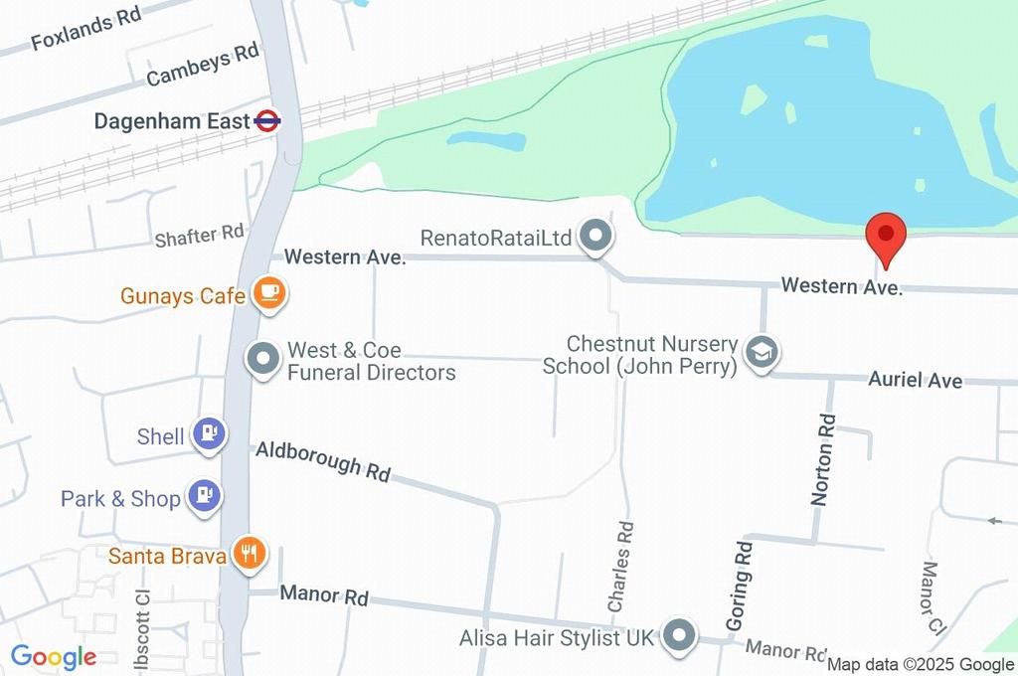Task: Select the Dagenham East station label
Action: (x=172, y=121)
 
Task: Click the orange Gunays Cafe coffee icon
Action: (x=269, y=293)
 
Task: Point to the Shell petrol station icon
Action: (x=210, y=434)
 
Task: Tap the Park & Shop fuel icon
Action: (x=205, y=496)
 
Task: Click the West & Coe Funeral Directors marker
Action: (x=263, y=360)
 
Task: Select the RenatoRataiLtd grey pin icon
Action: (x=596, y=237)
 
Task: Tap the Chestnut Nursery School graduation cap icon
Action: (x=763, y=352)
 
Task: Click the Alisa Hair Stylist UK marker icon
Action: (x=679, y=634)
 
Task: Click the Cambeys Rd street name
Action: (x=202, y=67)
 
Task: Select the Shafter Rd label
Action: (x=199, y=236)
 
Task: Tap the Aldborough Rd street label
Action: (x=322, y=461)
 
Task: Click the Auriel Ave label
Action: (x=915, y=380)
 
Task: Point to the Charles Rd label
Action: (x=620, y=567)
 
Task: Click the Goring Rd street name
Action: (x=739, y=587)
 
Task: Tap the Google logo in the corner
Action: (x=54, y=656)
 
